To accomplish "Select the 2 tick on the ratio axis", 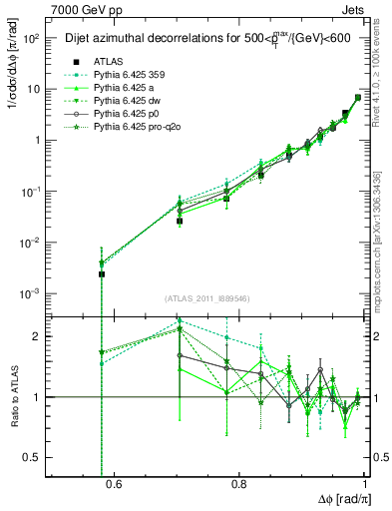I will pos(38,336).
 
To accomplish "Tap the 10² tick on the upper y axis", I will pos(30,38).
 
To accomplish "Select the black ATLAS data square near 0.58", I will pos(102,273).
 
